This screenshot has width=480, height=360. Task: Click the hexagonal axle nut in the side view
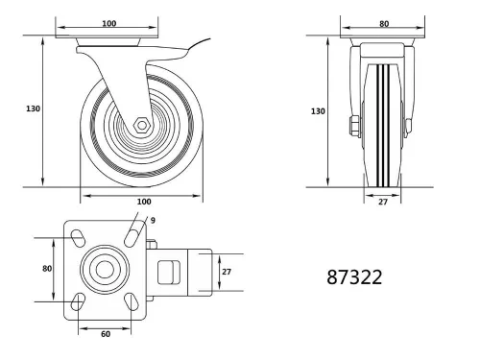142,125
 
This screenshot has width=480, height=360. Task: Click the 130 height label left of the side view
32,108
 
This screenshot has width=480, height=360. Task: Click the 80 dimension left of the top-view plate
46,269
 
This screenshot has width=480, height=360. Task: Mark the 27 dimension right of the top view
227,272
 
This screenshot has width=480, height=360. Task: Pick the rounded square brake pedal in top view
168,272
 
